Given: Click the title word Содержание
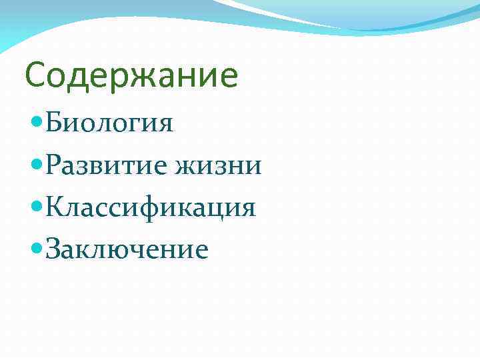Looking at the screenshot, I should tap(131, 76).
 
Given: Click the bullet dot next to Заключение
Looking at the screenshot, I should tap(37, 249).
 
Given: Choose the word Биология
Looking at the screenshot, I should tap(110, 124).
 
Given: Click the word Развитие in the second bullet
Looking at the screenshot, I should tap(107, 165).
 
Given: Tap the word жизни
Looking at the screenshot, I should tap(217, 166).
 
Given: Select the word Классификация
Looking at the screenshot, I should tap(151, 207).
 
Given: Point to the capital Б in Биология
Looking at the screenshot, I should tap(55, 123).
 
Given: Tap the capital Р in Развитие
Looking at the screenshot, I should tap(54, 165).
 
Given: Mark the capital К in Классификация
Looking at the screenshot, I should tap(56, 207).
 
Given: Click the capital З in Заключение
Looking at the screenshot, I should tap(53, 249).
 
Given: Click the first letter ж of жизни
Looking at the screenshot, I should tap(185, 167).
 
